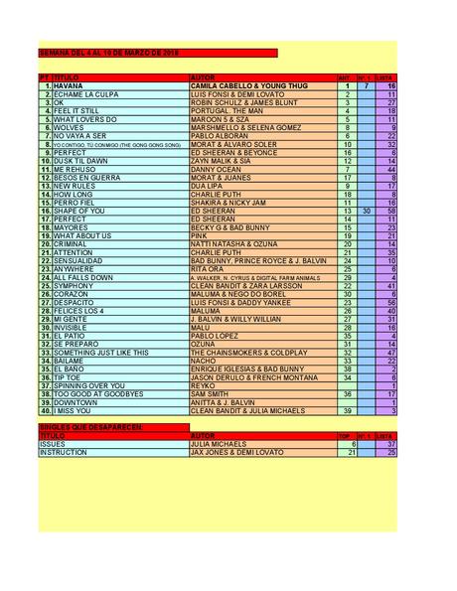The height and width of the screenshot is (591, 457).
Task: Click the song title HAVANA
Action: tap(69, 86)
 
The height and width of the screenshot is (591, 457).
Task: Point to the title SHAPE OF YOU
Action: tap(76, 211)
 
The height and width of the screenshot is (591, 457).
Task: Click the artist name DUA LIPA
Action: tap(208, 186)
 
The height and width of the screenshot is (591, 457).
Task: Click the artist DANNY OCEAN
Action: tap(218, 169)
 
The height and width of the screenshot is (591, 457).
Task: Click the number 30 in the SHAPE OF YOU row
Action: tap(366, 211)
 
